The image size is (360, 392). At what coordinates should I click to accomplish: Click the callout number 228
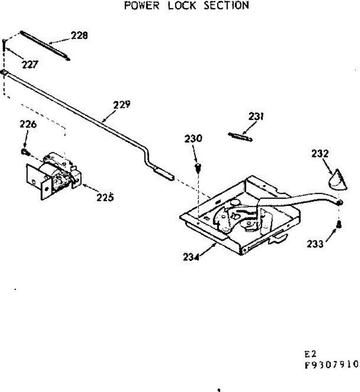79,35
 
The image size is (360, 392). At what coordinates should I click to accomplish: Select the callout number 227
30,65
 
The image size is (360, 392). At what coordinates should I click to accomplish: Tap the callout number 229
122,105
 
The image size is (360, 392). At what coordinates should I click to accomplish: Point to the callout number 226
28,124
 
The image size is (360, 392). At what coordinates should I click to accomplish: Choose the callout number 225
105,197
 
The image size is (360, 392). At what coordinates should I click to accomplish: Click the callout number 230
193,139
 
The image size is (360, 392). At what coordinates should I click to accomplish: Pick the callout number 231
256,116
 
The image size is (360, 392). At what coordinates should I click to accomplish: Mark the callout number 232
320,154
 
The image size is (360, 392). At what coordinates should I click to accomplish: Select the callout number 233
315,244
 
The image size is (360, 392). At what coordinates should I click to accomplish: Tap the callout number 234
191,257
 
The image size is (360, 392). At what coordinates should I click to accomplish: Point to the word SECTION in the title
226,6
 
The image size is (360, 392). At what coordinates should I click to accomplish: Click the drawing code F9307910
331,364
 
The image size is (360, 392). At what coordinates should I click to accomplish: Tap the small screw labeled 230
198,168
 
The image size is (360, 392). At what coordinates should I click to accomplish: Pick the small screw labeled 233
339,224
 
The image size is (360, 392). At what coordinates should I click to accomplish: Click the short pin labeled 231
241,137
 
